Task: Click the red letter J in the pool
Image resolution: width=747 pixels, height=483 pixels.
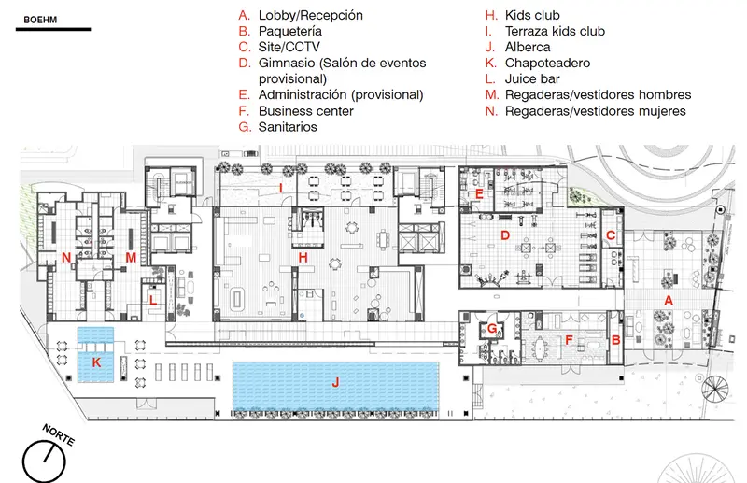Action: point(335,382)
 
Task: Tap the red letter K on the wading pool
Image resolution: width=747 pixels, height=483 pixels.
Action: point(96,362)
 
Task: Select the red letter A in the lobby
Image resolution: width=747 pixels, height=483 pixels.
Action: point(669,301)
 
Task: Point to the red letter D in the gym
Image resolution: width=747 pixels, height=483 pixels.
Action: point(505,235)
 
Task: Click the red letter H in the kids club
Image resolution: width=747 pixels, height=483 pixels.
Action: point(303,258)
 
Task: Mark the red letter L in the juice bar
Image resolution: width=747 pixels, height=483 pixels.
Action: point(153,300)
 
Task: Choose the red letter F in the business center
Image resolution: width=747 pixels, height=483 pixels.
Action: point(569,340)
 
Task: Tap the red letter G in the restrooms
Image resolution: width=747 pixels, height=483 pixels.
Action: point(492,328)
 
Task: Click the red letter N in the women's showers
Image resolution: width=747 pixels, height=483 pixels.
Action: point(66,258)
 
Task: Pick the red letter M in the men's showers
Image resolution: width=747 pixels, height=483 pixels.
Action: point(131,258)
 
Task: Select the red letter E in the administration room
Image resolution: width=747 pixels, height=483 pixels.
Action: point(479,194)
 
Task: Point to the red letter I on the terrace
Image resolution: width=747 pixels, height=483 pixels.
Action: point(281,189)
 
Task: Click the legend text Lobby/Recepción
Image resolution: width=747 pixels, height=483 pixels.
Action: point(311,15)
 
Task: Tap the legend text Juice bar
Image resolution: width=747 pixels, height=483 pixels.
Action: point(532,78)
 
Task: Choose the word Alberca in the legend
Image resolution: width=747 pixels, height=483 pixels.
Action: point(528,47)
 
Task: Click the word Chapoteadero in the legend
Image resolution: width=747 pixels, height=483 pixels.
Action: point(547,63)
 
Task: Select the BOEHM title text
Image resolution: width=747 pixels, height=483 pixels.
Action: point(40,20)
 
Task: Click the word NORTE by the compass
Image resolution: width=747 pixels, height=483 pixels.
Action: point(58,434)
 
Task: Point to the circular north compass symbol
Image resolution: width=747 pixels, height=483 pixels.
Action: point(44,462)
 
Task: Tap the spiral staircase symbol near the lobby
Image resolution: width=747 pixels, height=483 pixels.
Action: point(715,388)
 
